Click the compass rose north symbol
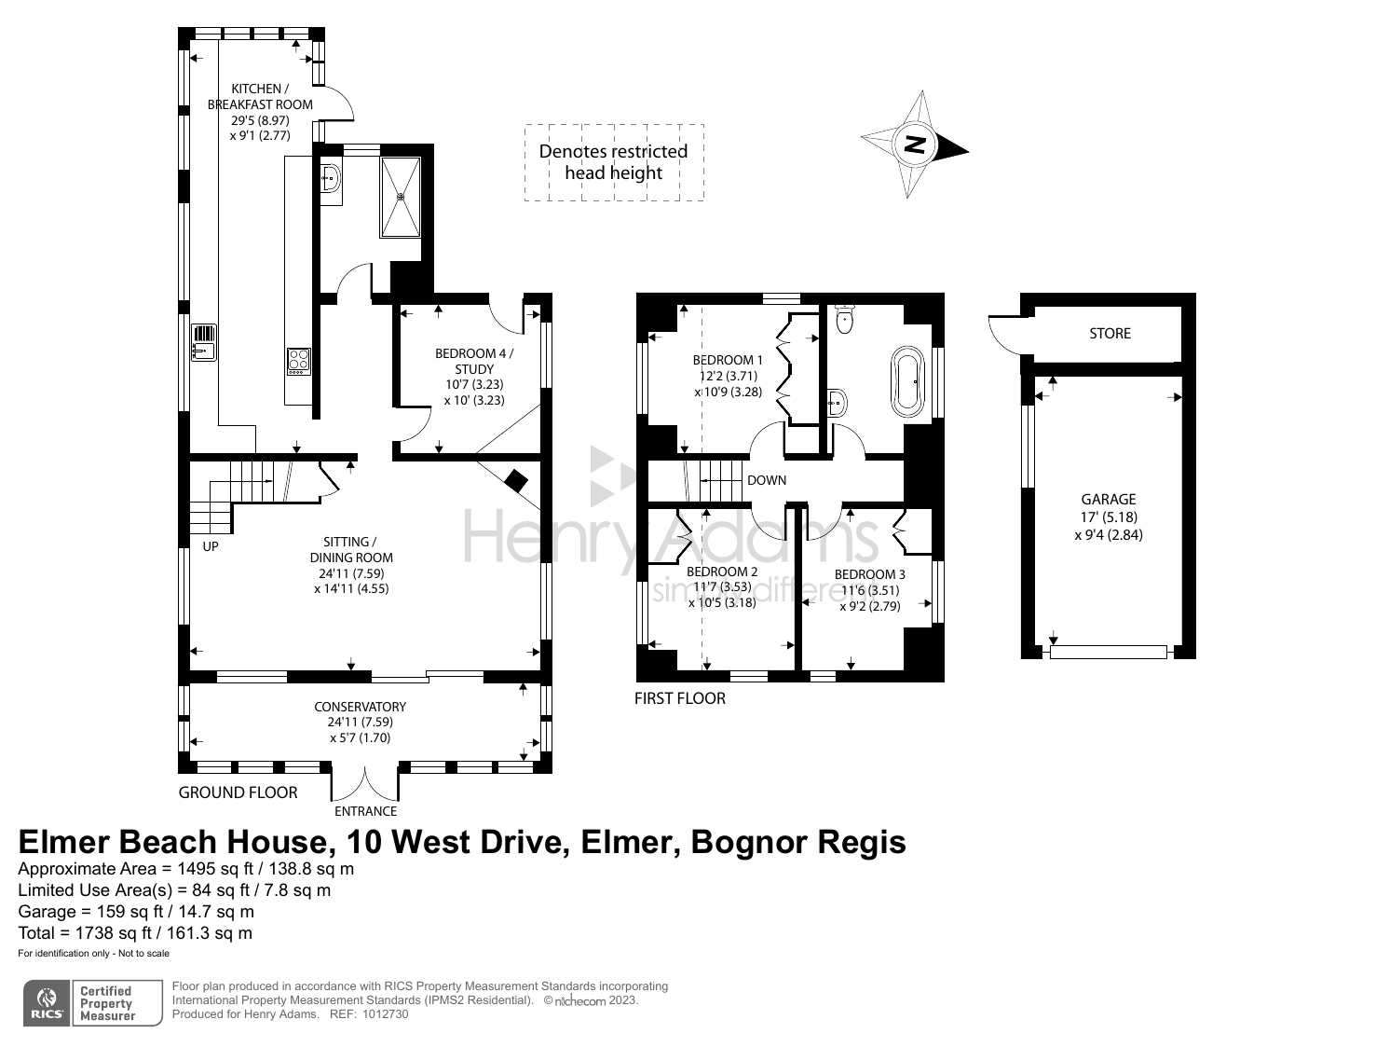point(916,145)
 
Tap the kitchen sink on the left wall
point(204,342)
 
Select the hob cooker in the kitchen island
point(298,361)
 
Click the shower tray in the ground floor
point(401,197)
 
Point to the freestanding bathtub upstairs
point(907,380)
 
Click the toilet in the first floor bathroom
point(845,319)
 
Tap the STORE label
point(1110,333)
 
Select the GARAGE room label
point(1109,500)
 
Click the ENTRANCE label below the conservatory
point(365,811)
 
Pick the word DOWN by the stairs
point(767,480)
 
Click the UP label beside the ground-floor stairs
point(211,546)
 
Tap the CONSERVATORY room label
point(360,707)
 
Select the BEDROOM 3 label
point(869,574)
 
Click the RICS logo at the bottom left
point(47,1003)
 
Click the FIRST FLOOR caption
point(679,698)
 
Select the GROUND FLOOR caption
point(238,792)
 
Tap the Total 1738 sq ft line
point(135,932)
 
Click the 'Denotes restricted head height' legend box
point(614,162)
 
